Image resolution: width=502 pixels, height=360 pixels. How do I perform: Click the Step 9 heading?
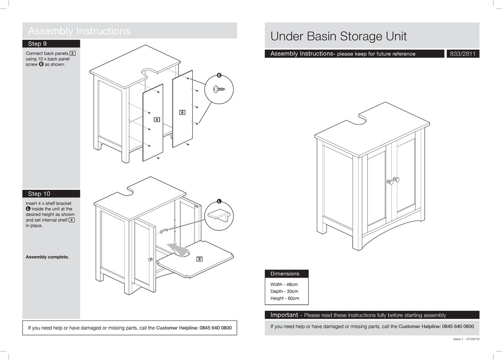tap(38, 44)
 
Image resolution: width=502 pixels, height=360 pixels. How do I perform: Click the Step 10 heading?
tap(39, 194)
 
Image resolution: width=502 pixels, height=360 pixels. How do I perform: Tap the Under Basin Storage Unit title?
tap(338, 36)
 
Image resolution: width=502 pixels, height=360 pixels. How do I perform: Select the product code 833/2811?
tap(463, 54)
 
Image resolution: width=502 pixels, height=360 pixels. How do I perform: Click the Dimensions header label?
tap(285, 274)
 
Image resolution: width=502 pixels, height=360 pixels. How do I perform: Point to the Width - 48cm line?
tap(284, 284)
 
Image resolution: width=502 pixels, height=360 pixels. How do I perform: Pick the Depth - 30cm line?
tap(284, 291)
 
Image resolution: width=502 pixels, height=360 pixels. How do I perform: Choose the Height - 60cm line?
tap(285, 299)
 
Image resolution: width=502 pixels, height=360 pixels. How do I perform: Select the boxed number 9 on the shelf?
tap(199, 259)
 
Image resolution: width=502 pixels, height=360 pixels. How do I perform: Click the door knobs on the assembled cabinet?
tap(393, 181)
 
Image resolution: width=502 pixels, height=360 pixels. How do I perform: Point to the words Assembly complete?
tap(47, 257)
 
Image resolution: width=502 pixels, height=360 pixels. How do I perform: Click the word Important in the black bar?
tap(284, 315)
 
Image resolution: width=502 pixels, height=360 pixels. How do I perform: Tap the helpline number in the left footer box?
tap(215, 328)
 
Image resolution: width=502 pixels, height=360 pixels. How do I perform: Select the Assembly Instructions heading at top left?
tap(79, 31)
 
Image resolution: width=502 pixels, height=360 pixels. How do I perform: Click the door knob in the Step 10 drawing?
tap(151, 260)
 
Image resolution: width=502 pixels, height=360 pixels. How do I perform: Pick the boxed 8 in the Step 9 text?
tap(72, 53)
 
